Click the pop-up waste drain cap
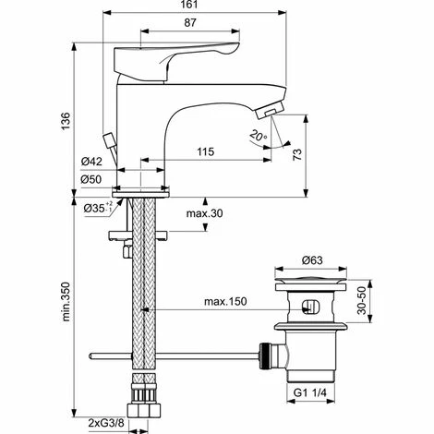coord(310,277)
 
